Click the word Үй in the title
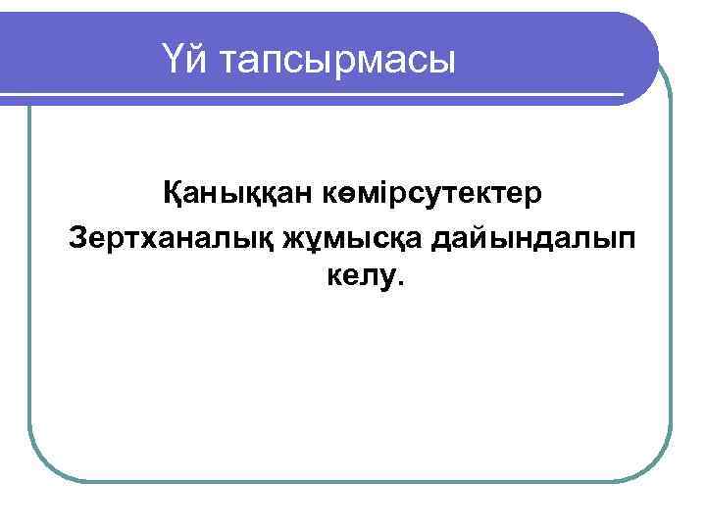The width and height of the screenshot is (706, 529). coord(185,62)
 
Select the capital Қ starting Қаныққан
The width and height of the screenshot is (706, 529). coord(174,194)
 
